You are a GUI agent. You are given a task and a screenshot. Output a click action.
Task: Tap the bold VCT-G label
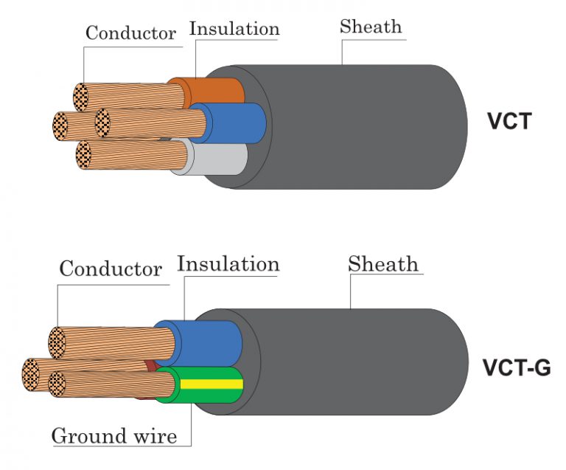(x=516, y=367)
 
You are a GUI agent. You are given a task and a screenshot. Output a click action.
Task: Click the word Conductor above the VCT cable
(x=130, y=33)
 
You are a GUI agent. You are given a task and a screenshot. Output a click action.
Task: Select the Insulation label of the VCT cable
(x=234, y=29)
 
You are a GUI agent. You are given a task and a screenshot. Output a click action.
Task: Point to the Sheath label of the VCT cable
(x=371, y=27)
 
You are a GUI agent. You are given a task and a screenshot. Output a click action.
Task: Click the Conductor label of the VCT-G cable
(x=110, y=268)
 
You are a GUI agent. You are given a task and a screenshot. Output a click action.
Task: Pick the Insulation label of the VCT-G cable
(x=228, y=263)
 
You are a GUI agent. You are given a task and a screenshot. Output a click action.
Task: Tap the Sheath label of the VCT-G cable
(x=382, y=263)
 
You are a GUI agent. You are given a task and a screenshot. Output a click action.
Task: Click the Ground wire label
(x=113, y=436)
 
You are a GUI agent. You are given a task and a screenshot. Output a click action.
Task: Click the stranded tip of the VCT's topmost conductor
(x=81, y=97)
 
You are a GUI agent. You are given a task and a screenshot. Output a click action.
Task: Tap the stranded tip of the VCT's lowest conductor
(x=85, y=155)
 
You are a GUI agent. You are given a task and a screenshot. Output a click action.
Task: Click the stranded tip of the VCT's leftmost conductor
(x=62, y=126)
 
